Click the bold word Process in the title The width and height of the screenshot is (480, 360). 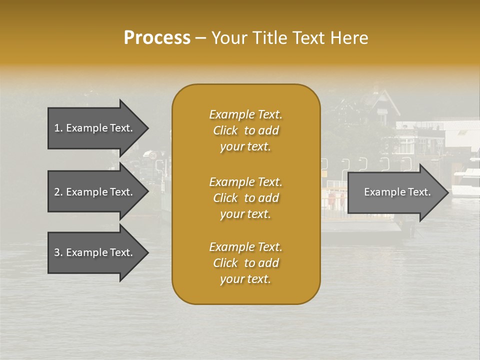(x=157, y=38)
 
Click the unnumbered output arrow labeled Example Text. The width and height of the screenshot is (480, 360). (x=395, y=192)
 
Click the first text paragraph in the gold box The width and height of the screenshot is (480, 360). (x=245, y=130)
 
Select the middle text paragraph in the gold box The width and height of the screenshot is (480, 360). (x=245, y=198)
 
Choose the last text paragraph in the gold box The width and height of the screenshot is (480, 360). (x=245, y=263)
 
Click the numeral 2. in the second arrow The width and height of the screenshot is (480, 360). (x=58, y=192)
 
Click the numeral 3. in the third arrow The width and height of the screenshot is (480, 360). (x=58, y=252)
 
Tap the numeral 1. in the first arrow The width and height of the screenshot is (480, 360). (x=58, y=128)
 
